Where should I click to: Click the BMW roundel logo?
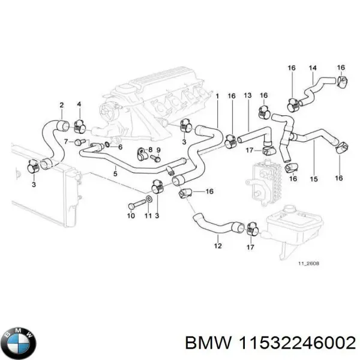tap(18, 343)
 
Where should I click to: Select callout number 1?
tap(217, 95)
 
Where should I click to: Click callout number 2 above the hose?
tap(61, 106)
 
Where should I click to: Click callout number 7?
tap(67, 142)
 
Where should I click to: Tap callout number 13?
tap(247, 95)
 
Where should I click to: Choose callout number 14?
tap(312, 68)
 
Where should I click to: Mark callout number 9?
tap(158, 150)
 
